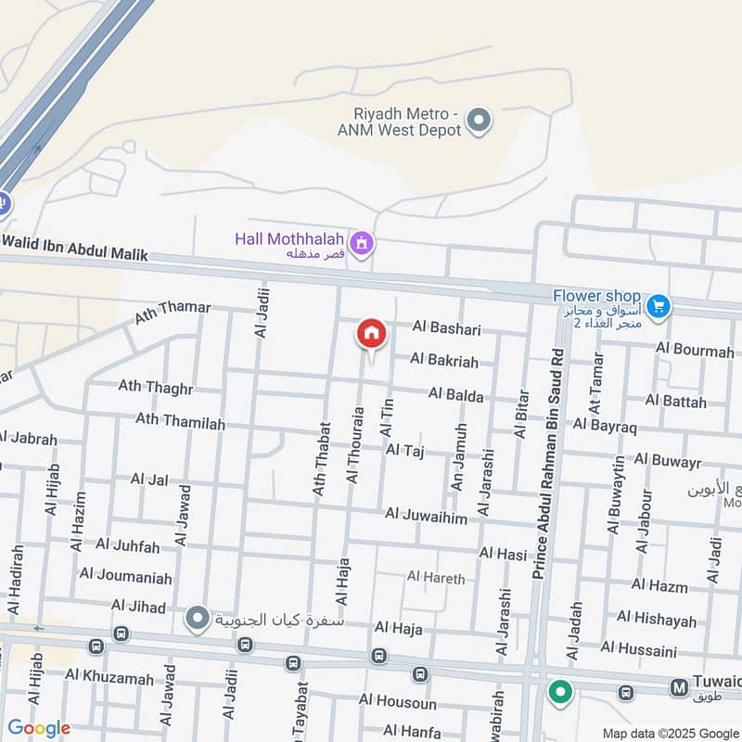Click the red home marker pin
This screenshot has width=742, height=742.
pos(371,333)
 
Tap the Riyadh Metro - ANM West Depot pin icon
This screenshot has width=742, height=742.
pos(479,120)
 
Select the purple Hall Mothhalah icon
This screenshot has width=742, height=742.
pos(363,244)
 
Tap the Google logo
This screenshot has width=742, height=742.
pos(38,728)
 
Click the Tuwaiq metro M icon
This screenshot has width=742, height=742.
pos(679,687)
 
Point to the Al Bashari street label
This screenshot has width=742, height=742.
pos(448,329)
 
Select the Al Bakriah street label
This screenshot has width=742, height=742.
pos(444,359)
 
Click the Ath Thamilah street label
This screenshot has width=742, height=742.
pos(180,421)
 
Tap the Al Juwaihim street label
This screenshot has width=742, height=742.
pos(427,514)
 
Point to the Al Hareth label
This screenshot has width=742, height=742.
pos(436,578)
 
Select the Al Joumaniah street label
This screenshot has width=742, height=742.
pos(126,577)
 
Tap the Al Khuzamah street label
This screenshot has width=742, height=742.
pos(109,678)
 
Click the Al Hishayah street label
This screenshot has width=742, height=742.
pos(656,617)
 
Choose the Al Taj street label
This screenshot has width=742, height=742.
pos(404,450)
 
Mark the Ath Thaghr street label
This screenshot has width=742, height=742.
pos(155,387)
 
